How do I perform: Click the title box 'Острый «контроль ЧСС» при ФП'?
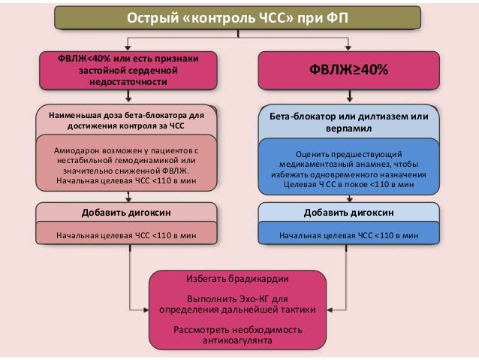239,17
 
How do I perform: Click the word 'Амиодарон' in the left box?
80,150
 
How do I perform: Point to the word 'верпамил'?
348,129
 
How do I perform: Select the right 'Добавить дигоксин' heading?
348,212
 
